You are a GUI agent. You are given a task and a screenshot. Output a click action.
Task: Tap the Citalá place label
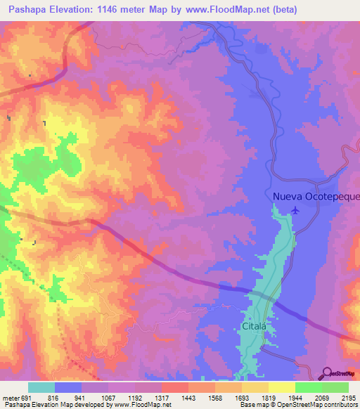(x=255, y=326)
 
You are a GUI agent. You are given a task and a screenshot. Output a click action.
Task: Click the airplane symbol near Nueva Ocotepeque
(x=295, y=209)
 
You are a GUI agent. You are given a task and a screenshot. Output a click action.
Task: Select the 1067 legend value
(x=109, y=398)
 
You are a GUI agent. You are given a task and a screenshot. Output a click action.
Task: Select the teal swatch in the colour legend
(x=41, y=387)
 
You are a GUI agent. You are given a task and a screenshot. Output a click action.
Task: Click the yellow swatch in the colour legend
(x=281, y=387)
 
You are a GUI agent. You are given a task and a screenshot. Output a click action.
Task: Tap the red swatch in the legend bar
(x=174, y=387)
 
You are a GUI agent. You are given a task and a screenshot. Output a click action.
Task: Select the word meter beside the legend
(x=10, y=398)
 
